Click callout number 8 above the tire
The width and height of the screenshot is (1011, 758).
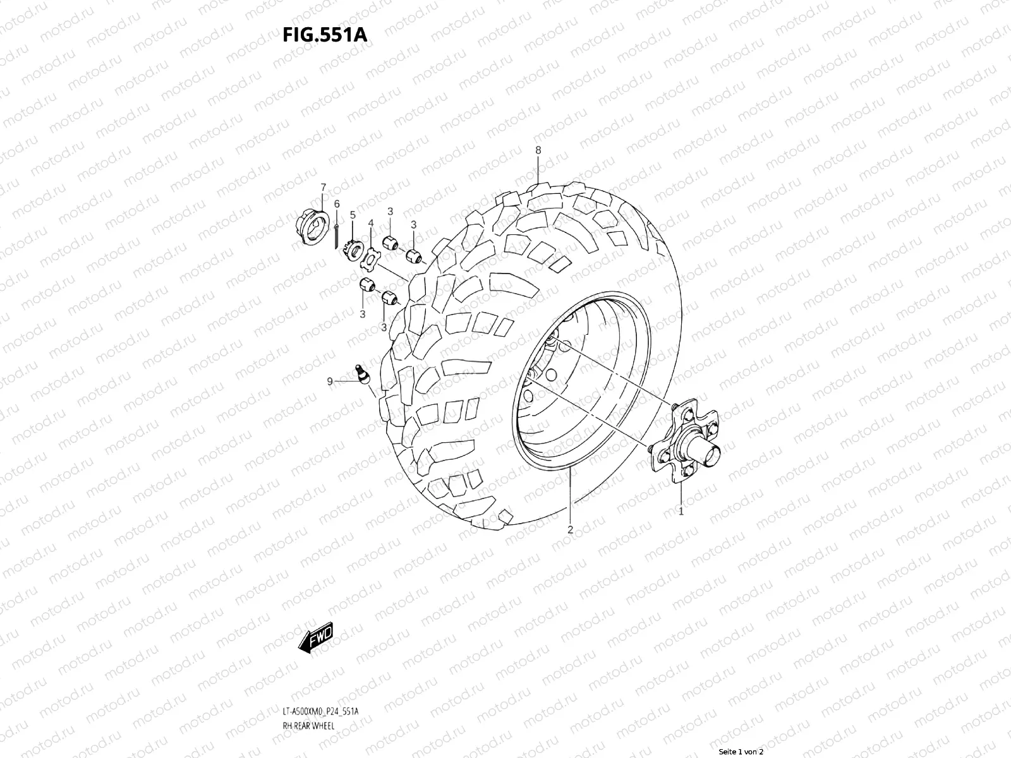point(538,150)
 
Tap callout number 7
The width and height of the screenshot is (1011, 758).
point(323,187)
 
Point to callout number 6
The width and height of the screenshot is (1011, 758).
point(337,203)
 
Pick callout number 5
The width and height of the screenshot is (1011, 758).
point(353,215)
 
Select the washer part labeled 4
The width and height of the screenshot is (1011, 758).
point(372,258)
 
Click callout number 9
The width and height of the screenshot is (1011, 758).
point(330,381)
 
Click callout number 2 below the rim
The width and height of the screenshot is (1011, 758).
point(570,529)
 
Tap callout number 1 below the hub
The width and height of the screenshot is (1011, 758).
point(681,512)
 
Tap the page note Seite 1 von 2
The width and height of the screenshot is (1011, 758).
point(742,752)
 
